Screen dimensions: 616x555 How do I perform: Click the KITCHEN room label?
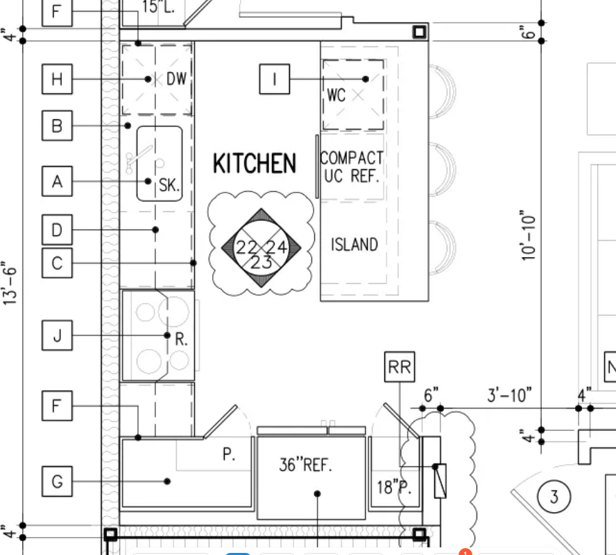(x=254, y=164)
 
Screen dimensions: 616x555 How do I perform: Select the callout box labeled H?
(x=57, y=79)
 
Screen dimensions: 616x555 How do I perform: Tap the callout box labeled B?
(x=57, y=125)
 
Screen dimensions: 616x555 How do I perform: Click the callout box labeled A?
(x=57, y=182)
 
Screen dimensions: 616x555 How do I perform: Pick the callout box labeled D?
(x=57, y=229)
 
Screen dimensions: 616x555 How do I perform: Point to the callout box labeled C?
(x=57, y=263)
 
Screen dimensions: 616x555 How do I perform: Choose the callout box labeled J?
(x=57, y=335)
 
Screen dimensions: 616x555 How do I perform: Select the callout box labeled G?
(x=57, y=482)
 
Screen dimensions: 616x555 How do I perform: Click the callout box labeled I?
(x=275, y=79)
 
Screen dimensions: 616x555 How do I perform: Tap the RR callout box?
(x=400, y=367)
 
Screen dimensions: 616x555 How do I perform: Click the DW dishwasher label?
(x=176, y=78)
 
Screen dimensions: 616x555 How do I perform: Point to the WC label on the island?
(x=336, y=95)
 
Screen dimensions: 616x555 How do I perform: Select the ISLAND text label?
(x=354, y=245)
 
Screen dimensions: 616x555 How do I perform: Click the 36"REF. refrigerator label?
(x=306, y=465)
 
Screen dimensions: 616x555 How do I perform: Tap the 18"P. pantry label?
(x=394, y=487)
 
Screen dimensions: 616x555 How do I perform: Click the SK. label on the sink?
(x=169, y=185)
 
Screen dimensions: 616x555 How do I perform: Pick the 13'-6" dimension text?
(x=10, y=283)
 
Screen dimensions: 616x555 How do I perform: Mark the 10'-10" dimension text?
(x=529, y=236)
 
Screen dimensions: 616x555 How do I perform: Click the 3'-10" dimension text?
(x=510, y=395)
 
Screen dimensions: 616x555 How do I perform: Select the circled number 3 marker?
(x=554, y=497)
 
